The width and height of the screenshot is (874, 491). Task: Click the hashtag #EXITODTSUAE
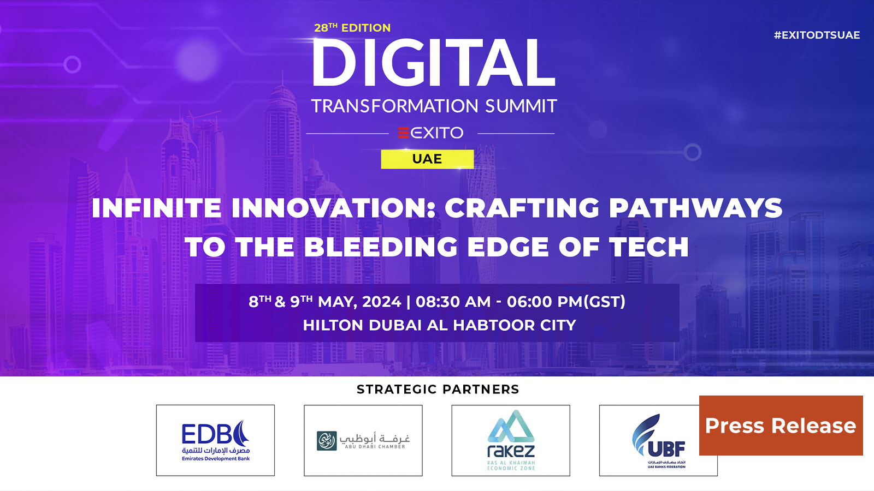[817, 35]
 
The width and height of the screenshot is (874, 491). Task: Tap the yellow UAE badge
[427, 159]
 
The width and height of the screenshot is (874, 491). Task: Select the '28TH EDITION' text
[352, 28]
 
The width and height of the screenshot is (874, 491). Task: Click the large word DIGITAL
[434, 63]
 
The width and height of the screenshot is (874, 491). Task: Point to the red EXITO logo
[430, 133]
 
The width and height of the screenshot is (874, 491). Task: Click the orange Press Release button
[781, 426]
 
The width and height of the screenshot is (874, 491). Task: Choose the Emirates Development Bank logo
[215, 441]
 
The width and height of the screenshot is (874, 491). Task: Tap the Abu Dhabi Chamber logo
[363, 441]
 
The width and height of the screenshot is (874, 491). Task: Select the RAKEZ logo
[511, 441]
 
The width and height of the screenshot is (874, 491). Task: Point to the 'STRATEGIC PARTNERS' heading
[438, 390]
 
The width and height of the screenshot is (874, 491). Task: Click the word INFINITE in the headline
[156, 208]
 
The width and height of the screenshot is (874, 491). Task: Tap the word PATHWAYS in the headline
[695, 208]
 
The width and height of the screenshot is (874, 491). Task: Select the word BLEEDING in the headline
[381, 247]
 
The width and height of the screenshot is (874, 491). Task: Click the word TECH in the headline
[648, 247]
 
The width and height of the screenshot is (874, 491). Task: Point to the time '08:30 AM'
[453, 302]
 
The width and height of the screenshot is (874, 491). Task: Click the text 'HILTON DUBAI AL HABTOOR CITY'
[439, 325]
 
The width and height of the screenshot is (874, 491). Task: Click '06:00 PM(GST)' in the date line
[566, 302]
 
